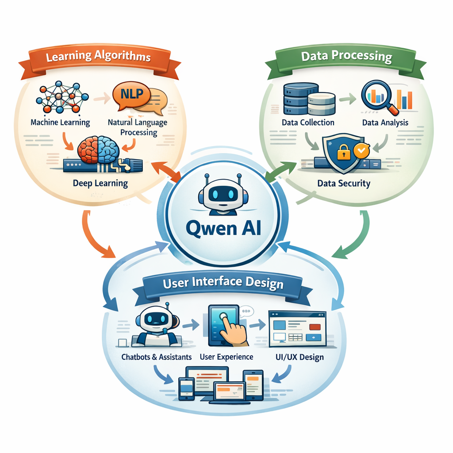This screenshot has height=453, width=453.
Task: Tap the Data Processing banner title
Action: (346, 56)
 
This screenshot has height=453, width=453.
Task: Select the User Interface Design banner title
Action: (223, 283)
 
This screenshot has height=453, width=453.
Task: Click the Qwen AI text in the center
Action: (223, 229)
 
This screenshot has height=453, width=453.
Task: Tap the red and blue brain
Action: (98, 150)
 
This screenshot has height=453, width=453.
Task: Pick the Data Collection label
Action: (308, 122)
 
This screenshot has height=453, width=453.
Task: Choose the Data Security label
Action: (344, 183)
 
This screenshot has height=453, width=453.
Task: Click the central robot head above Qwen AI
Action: (223, 195)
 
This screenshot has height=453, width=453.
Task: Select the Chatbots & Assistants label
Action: (157, 357)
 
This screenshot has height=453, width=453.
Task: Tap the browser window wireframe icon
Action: (297, 328)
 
